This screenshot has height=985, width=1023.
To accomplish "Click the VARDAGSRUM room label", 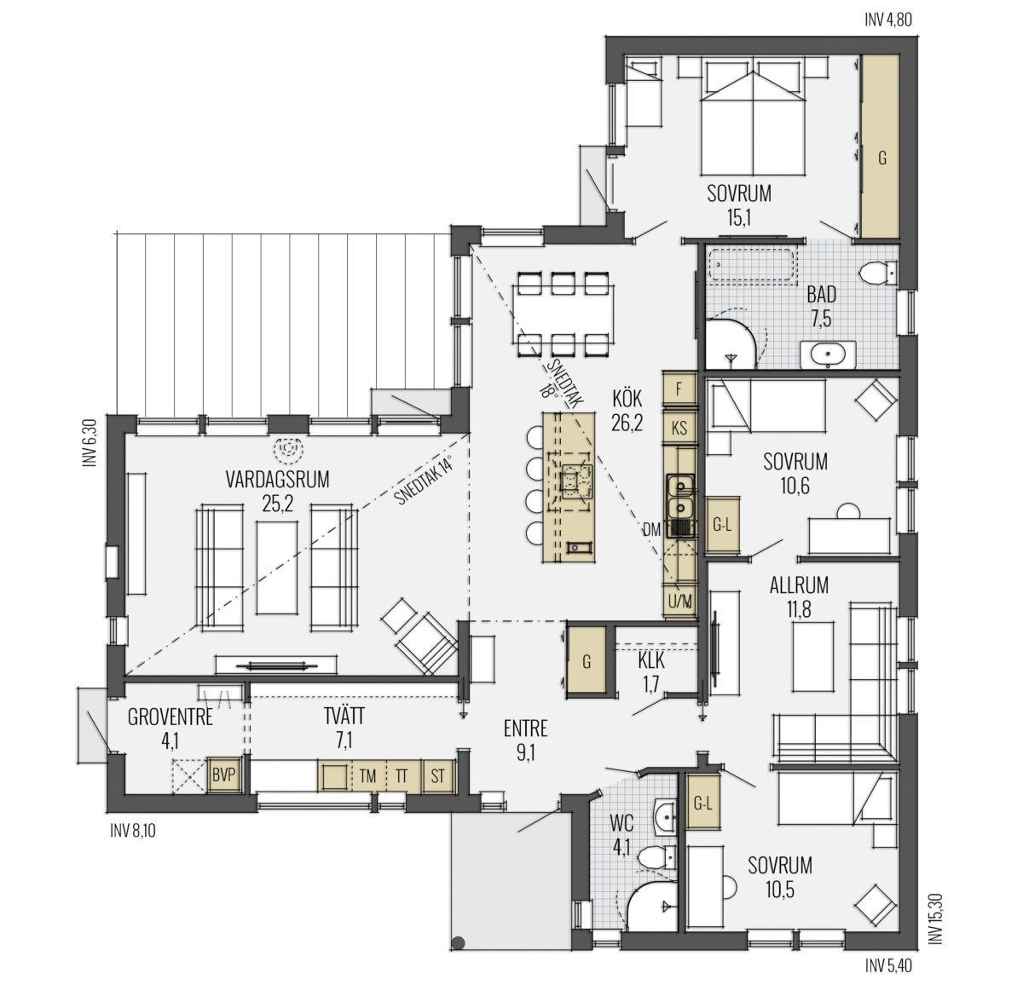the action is pos(277,479).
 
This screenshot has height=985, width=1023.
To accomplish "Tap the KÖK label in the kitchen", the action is pos(627,399).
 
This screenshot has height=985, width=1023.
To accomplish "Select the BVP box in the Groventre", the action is pos(223,775).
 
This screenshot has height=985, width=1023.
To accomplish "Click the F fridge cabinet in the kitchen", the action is pos(679,389).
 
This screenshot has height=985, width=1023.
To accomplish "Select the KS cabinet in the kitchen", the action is pos(679,427).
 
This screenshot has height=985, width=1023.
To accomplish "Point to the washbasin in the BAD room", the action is pos(828,354).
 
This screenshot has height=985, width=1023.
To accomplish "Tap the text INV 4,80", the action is pos(888,20).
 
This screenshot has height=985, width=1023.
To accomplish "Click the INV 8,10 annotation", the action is pos(132,831).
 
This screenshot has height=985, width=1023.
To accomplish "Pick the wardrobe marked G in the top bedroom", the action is pos(881,147).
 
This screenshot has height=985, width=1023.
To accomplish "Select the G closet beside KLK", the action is pos(587,661).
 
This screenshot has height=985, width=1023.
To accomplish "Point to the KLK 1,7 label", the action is pos(650,673).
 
